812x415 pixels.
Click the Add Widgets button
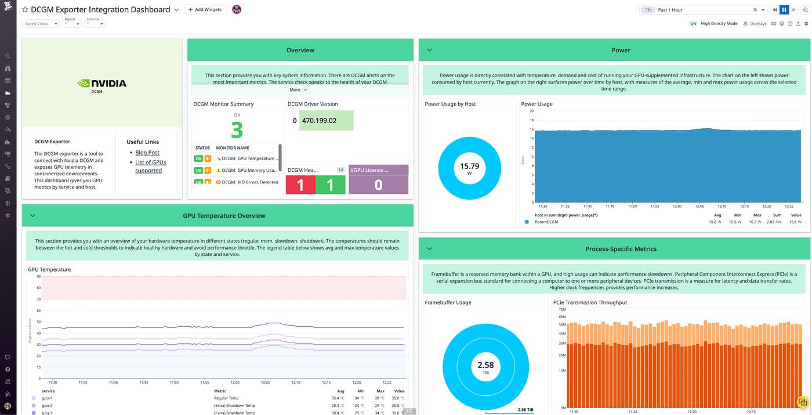tap(205, 9)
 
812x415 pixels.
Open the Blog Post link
tap(147, 153)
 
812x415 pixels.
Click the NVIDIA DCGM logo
tap(102, 85)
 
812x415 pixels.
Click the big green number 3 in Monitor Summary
tap(237, 130)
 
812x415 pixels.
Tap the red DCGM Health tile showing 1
tap(300, 185)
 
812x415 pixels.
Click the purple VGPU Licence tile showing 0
tap(378, 185)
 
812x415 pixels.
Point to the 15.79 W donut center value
tap(469, 169)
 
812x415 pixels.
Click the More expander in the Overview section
tap(298, 90)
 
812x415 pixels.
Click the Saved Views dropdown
tap(41, 24)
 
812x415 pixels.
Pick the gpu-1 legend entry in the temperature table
tap(47, 398)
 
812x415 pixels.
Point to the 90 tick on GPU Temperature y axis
tap(38, 276)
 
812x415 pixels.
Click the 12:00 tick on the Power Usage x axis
tap(676, 206)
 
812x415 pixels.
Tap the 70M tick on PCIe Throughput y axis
tap(562, 309)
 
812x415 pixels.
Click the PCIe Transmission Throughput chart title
tap(590, 302)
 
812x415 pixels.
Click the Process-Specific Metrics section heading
tap(621, 249)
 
